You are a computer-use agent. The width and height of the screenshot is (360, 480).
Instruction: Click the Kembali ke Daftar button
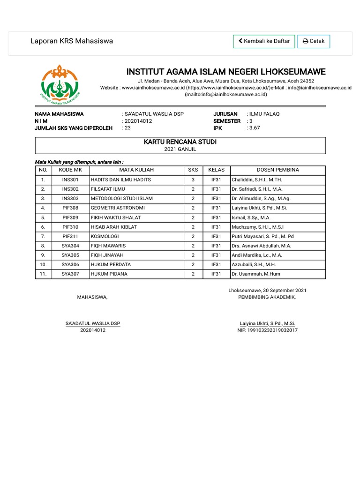264,41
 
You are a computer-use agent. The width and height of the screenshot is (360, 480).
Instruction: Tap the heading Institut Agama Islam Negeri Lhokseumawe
225,72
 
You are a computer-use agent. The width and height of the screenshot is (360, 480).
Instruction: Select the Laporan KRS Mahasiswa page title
72,41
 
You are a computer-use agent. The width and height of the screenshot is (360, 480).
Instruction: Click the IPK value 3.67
255,127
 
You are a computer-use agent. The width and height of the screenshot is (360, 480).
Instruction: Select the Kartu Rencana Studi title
180,142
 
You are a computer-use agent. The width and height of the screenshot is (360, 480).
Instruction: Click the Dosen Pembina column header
277,170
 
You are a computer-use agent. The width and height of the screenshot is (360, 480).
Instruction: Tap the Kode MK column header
70,170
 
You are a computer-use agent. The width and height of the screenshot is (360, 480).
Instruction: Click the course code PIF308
70,208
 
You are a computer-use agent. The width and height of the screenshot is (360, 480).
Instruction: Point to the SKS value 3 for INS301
193,180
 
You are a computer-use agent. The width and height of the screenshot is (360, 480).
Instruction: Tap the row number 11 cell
43,274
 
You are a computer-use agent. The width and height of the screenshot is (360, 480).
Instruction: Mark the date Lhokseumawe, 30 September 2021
267,291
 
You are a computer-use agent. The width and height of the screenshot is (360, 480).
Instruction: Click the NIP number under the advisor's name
267,330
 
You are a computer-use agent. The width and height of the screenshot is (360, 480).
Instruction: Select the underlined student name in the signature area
93,323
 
